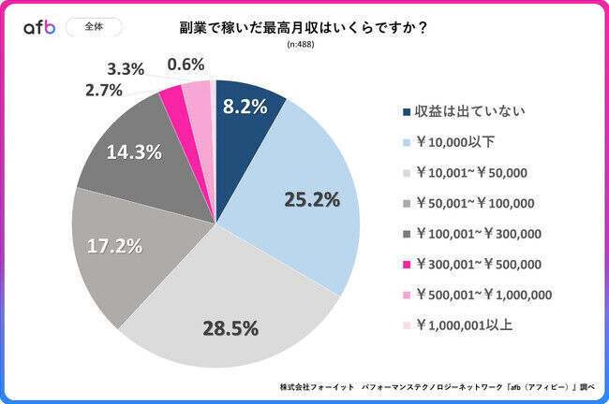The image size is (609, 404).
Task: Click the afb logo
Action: pyautogui.click(x=39, y=27)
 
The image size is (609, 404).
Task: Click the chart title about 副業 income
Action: pyautogui.click(x=304, y=27)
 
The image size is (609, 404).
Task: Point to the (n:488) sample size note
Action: pyautogui.click(x=304, y=45)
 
